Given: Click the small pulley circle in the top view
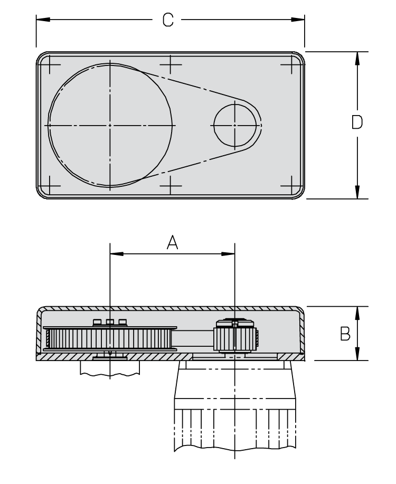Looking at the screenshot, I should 235,125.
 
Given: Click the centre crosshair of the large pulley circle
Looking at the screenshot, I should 110,125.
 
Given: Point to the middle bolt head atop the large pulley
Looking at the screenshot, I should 110,322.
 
